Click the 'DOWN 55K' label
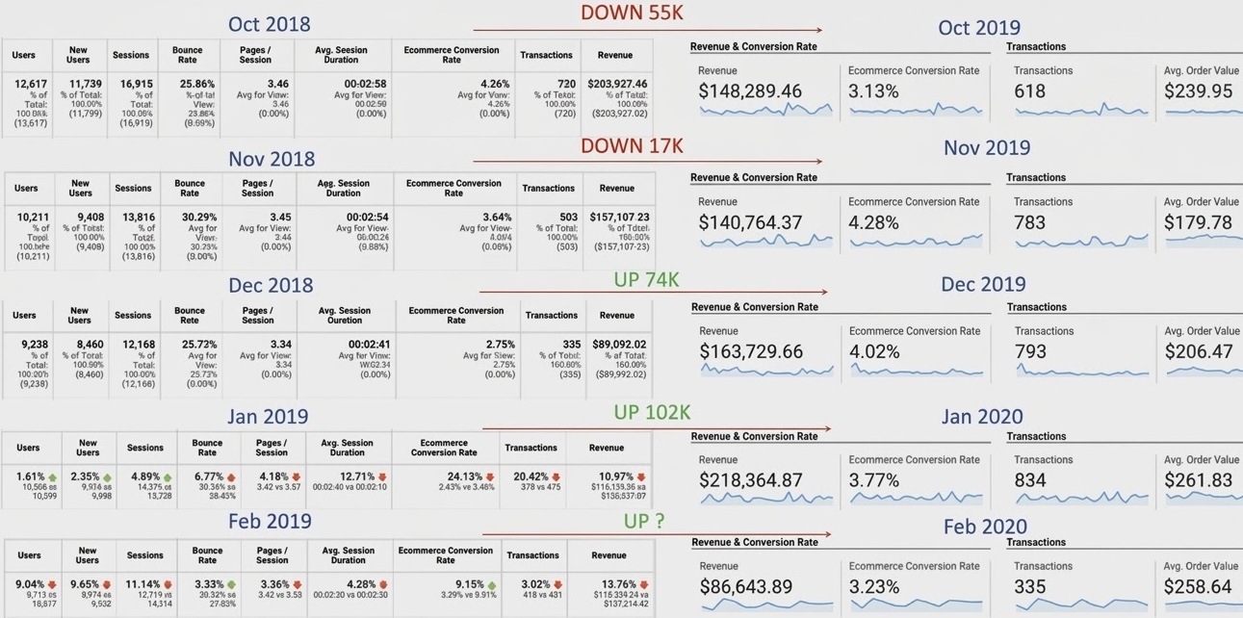coord(632,13)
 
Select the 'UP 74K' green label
coord(646,279)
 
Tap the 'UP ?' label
coord(644,520)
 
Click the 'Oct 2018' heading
coord(269,24)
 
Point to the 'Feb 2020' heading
coord(985,527)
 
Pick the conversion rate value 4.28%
coord(873,222)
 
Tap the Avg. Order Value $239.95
coord(1198,91)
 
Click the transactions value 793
coord(1030,351)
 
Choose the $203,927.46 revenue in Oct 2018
coord(617,84)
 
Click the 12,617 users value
coord(31,84)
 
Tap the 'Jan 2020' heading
coord(982,417)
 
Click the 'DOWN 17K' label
coord(632,145)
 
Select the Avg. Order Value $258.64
coord(1198,587)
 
